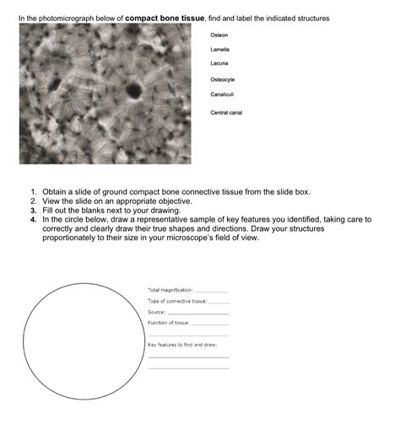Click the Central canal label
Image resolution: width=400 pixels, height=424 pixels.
[226, 113]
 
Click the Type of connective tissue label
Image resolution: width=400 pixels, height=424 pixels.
[177, 301]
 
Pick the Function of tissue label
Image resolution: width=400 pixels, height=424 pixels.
[169, 323]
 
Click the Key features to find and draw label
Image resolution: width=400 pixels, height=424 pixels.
[182, 345]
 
